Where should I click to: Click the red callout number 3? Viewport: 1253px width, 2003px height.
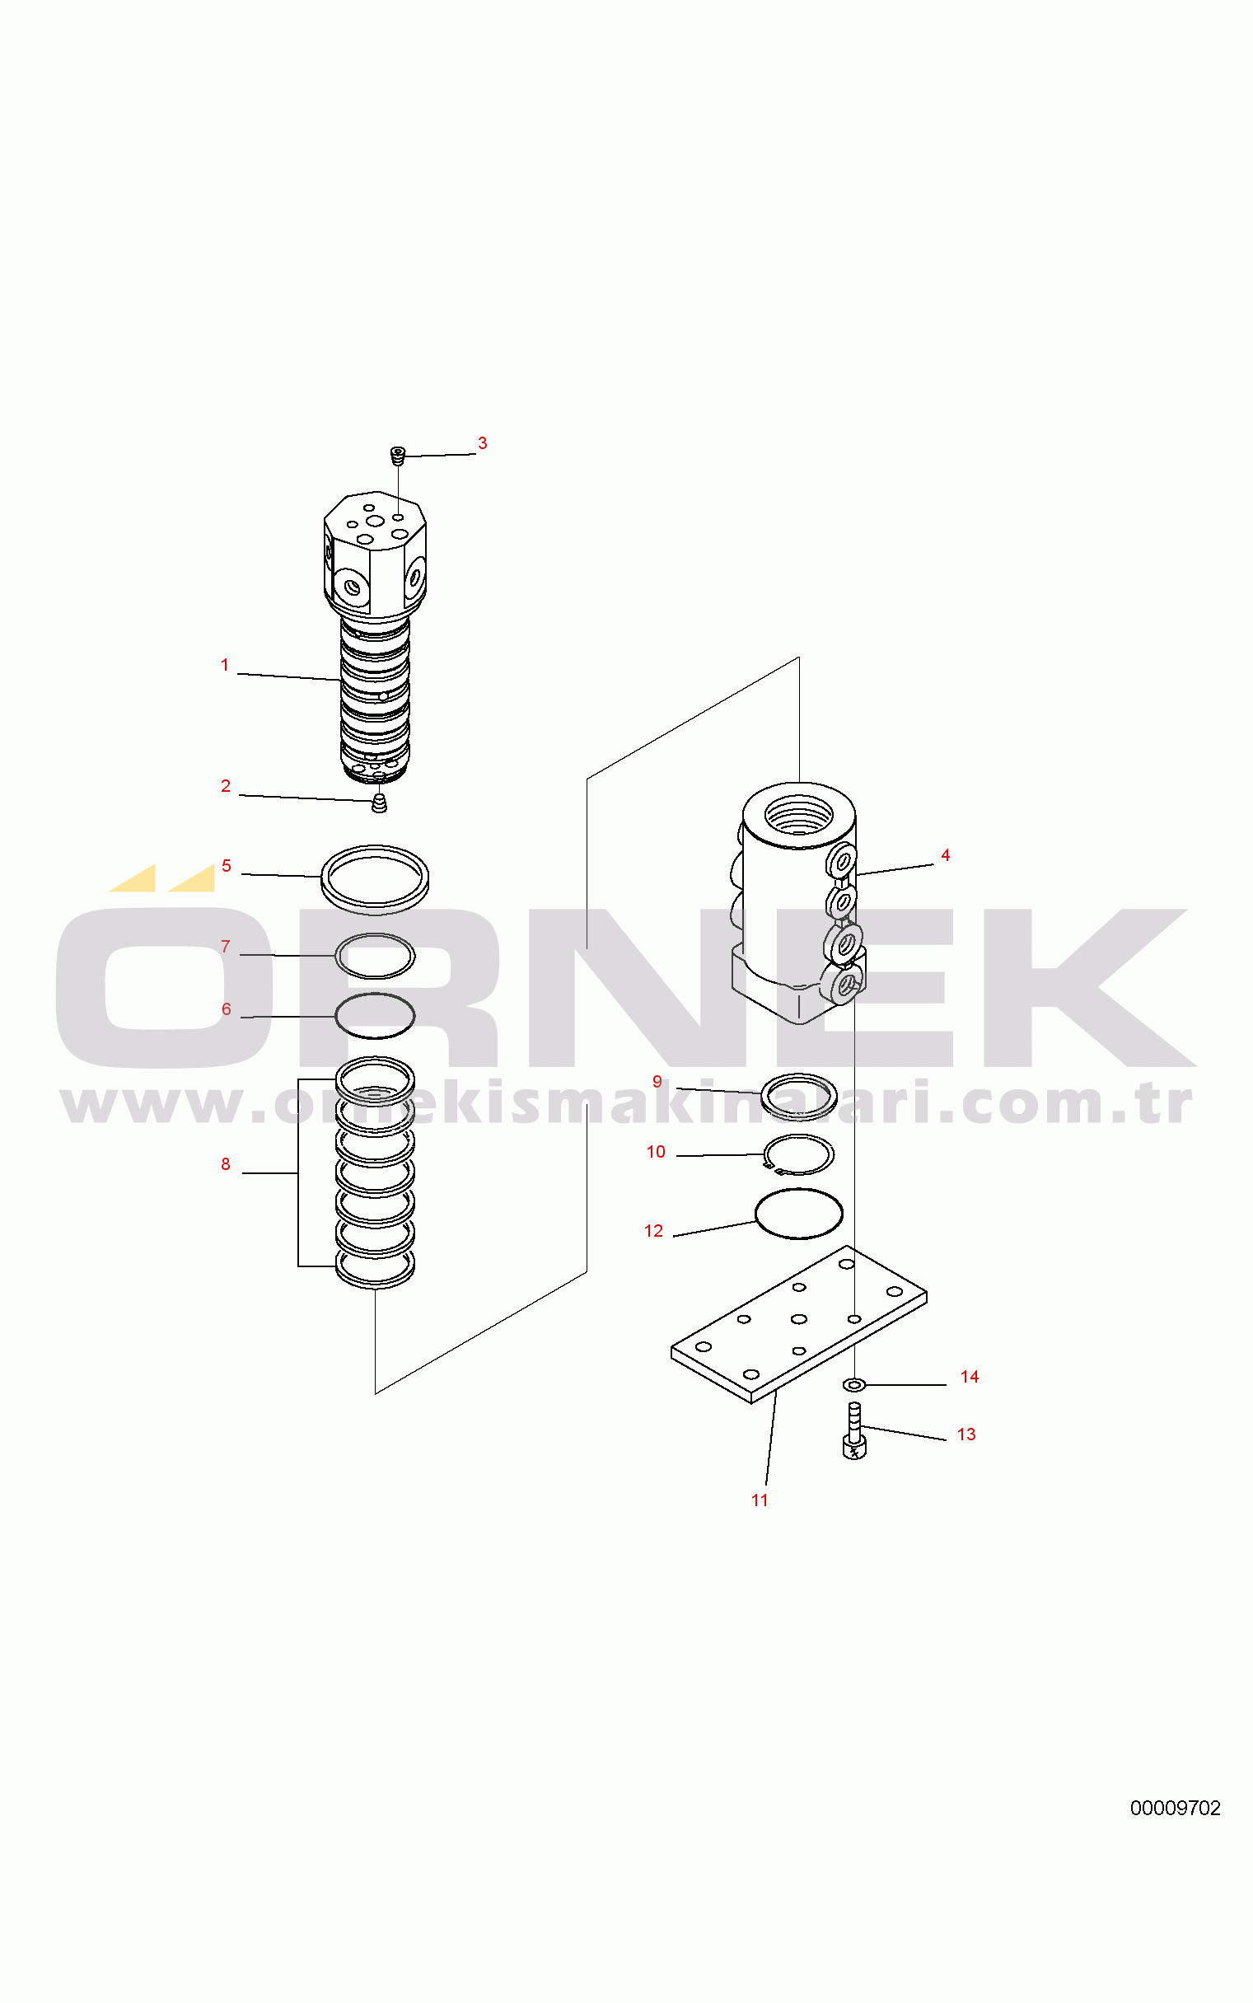point(482,443)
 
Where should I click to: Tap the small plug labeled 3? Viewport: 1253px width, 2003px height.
point(398,454)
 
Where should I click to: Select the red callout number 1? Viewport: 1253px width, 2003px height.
point(225,665)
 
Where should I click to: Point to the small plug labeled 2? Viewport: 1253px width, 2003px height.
point(380,803)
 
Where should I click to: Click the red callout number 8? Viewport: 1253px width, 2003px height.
point(226,1164)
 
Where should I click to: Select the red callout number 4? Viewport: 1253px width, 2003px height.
point(945,855)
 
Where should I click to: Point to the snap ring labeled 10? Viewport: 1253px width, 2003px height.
point(799,1154)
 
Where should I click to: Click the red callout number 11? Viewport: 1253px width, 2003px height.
point(759,1500)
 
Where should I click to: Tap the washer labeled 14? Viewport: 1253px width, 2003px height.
point(853,1384)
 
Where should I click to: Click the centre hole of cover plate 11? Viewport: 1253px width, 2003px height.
point(799,1319)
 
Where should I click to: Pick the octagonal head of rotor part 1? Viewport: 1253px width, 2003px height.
point(375,551)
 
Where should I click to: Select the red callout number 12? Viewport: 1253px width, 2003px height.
point(654,1232)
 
